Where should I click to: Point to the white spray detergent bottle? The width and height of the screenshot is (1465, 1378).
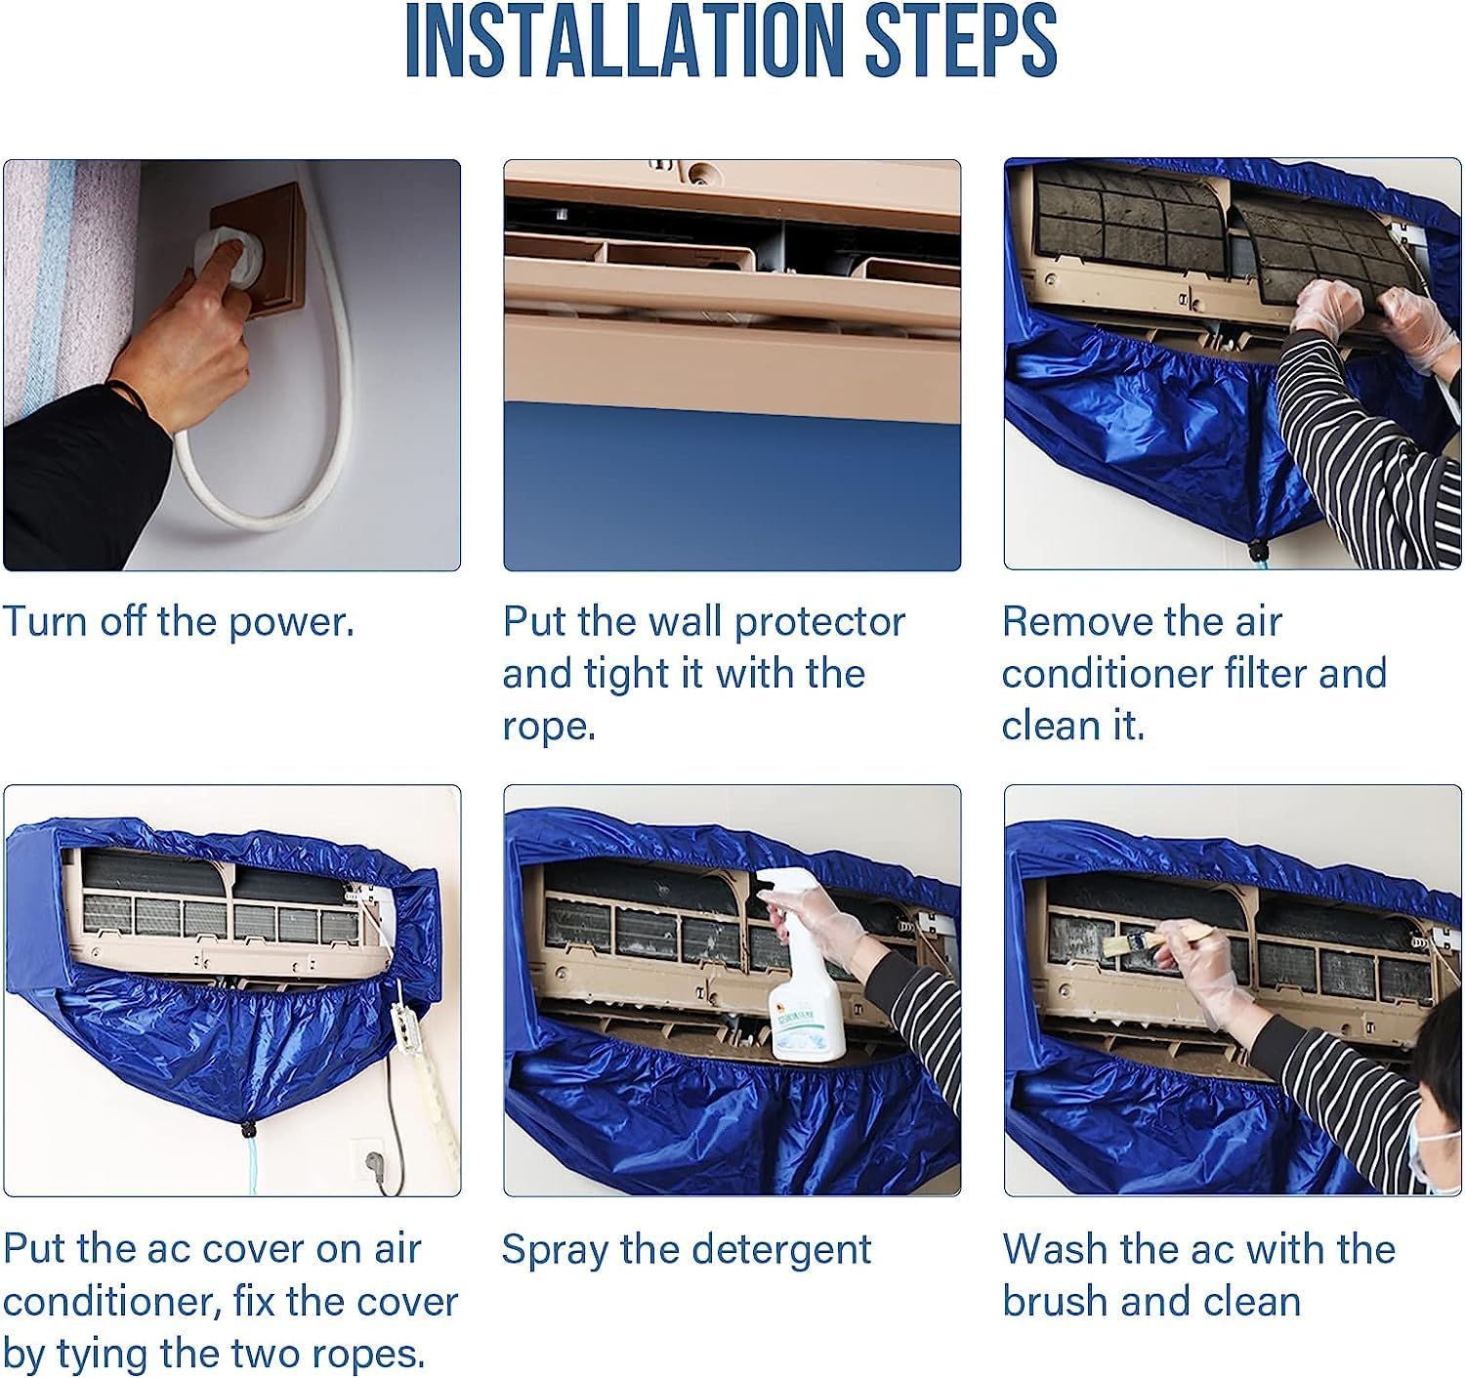coord(804,977)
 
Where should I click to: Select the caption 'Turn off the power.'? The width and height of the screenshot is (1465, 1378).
coord(178,622)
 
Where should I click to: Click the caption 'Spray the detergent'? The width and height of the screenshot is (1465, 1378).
coord(686,1250)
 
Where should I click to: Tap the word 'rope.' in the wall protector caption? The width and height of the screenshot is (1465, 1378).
coord(549,726)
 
